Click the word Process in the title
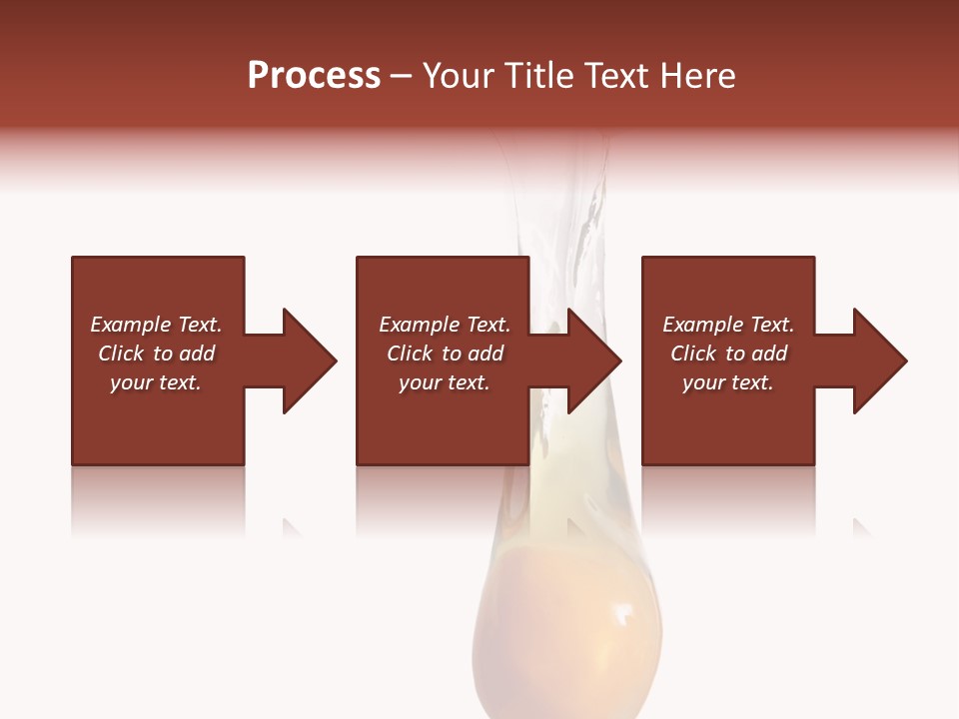(314, 76)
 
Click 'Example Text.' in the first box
(156, 325)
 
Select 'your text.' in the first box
(156, 382)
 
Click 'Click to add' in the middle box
(445, 354)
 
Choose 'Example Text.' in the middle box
(445, 325)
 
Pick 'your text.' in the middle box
(445, 382)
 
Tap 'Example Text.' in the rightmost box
(728, 325)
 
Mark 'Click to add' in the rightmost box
(728, 354)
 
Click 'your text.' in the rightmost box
(728, 382)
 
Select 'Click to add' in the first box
(156, 354)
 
